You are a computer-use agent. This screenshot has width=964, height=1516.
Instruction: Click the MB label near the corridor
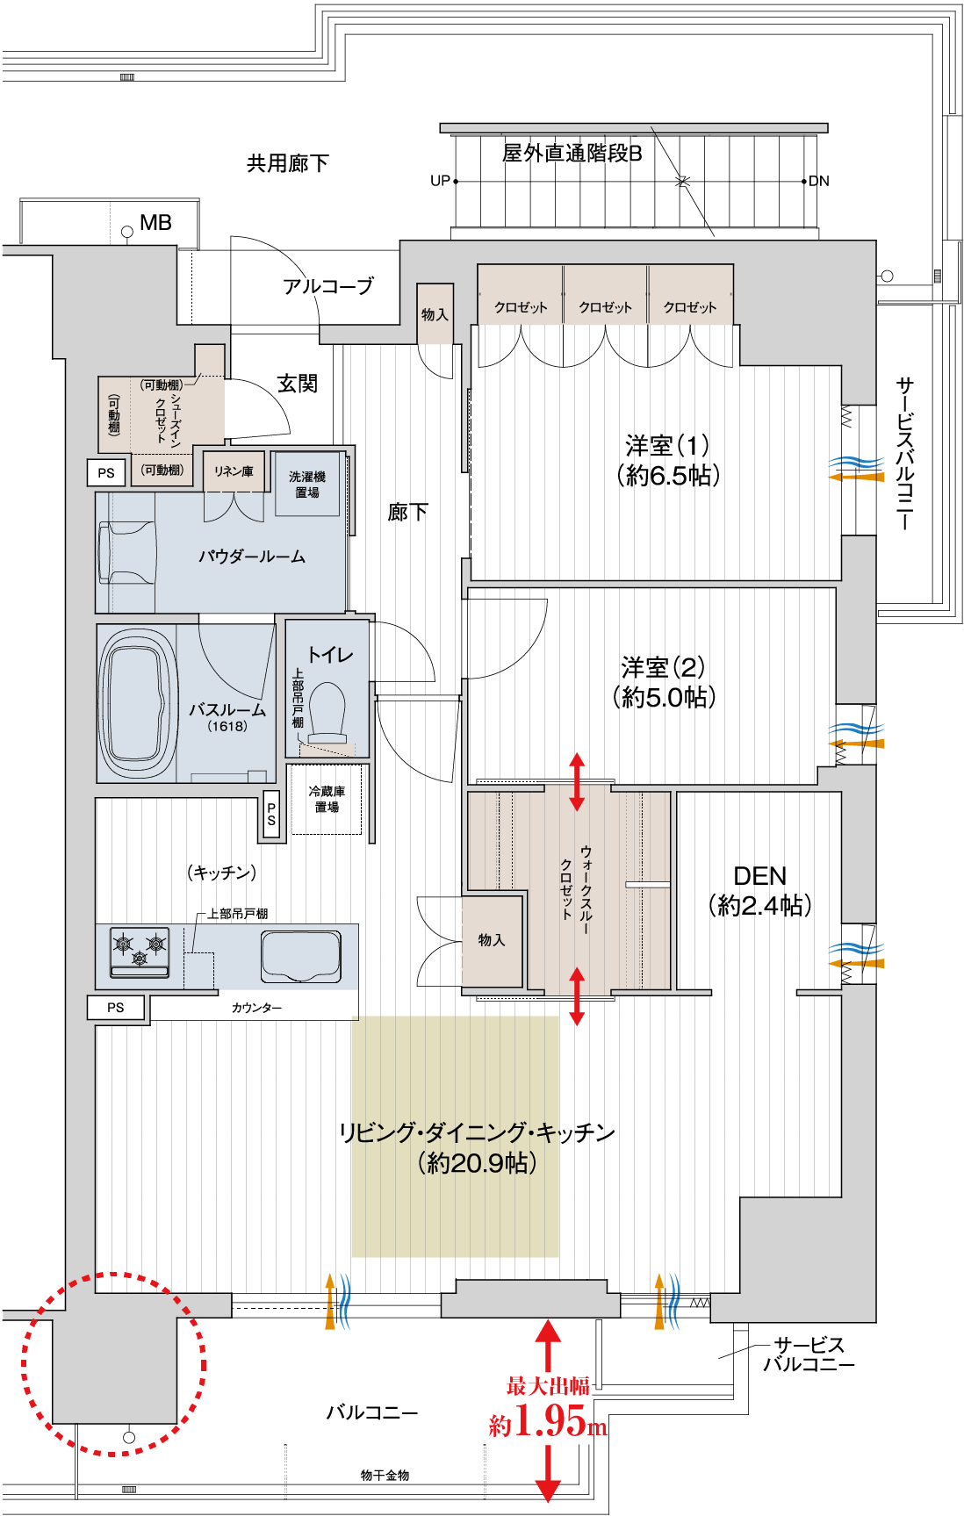click(x=155, y=223)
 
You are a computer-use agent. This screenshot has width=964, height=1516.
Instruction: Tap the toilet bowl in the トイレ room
click(x=328, y=709)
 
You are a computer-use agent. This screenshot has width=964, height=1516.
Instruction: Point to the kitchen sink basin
click(x=300, y=956)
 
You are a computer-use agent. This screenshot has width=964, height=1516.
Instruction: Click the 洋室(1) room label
click(x=667, y=445)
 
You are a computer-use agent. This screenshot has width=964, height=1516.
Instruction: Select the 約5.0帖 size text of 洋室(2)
click(x=665, y=698)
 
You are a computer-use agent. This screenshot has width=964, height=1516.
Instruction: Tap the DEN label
click(x=759, y=876)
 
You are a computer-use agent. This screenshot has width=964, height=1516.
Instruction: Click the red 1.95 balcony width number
click(x=550, y=1419)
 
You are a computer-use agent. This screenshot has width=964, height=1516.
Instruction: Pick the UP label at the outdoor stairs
click(x=440, y=181)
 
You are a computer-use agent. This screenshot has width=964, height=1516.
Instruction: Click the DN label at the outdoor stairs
click(x=819, y=181)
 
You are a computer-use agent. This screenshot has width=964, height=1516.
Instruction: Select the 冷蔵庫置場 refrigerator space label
click(x=327, y=799)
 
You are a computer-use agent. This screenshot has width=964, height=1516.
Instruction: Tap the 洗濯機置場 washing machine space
click(x=307, y=485)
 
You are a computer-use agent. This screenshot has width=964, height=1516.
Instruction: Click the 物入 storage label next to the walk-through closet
click(x=492, y=940)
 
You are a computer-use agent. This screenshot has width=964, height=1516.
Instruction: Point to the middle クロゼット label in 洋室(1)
click(x=605, y=307)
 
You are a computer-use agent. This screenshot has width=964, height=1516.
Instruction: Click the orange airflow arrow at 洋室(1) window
click(x=857, y=477)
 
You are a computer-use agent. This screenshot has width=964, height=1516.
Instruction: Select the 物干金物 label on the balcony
click(x=385, y=1476)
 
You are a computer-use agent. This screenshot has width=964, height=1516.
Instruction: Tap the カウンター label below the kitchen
click(x=256, y=1008)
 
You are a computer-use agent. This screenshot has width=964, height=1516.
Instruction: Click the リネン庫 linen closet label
click(x=234, y=471)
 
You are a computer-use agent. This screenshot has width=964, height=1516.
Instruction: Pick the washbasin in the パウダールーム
click(x=125, y=552)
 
